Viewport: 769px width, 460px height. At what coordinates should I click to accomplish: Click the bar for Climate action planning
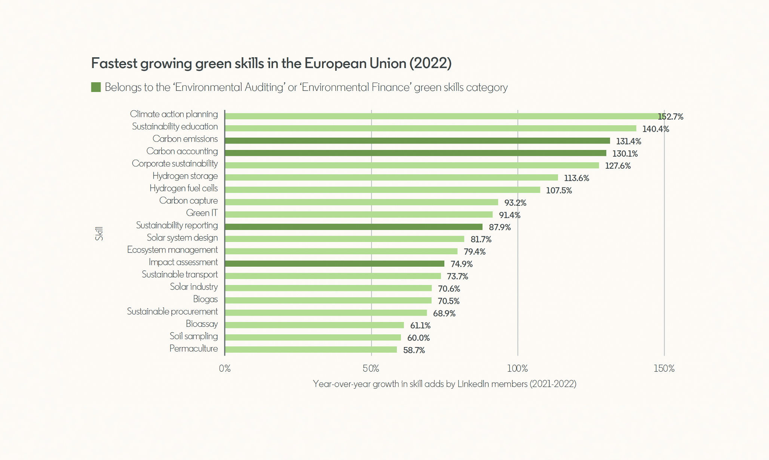pos(441,116)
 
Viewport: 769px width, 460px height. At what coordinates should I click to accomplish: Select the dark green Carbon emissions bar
pos(417,141)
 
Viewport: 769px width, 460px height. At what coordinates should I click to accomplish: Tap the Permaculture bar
pos(310,350)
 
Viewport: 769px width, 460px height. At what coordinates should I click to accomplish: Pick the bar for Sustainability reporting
pos(353,227)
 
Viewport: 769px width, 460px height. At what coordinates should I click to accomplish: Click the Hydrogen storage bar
pos(391,178)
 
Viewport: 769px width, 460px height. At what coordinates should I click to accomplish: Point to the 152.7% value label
pos(671,117)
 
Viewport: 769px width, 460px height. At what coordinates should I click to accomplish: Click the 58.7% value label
pos(414,350)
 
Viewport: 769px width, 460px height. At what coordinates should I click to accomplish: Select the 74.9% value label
pos(461,264)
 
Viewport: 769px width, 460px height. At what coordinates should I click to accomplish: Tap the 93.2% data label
pos(515,203)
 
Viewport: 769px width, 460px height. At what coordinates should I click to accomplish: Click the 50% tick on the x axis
pos(371,368)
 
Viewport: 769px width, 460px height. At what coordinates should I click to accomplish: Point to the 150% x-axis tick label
pos(664,368)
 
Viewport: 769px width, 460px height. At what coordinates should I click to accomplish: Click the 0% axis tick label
pos(224,368)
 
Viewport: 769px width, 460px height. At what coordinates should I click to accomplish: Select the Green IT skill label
pos(202,213)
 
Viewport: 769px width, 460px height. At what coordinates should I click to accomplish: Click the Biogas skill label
pos(205,299)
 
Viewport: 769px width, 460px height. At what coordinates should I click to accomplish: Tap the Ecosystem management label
pos(172,250)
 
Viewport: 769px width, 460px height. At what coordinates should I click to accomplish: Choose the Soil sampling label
pos(193,336)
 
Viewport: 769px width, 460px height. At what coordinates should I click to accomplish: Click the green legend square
pos(96,87)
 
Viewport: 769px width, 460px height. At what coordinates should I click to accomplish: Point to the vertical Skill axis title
pos(99,233)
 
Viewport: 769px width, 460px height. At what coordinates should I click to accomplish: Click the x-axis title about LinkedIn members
pos(444,384)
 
